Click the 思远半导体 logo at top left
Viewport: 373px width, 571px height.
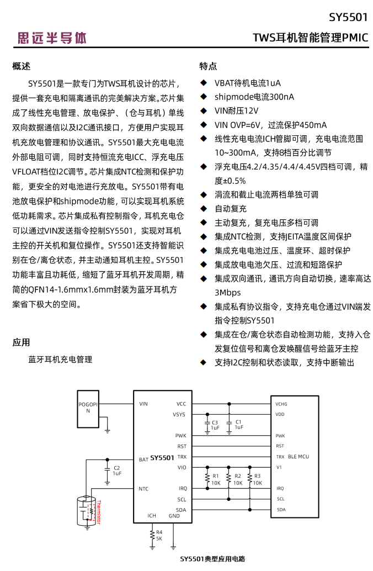click(x=51, y=38)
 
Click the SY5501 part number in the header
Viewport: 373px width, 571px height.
click(x=348, y=17)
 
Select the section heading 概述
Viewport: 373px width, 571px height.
click(x=22, y=66)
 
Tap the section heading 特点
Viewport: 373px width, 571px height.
click(x=208, y=66)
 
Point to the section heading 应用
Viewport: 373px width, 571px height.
click(x=22, y=342)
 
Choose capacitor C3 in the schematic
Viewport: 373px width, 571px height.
click(x=207, y=424)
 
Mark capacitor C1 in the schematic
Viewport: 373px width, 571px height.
click(x=230, y=424)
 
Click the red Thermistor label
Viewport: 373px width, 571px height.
click(x=99, y=513)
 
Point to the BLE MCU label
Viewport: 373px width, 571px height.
click(x=299, y=457)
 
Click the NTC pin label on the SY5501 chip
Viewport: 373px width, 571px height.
click(x=143, y=488)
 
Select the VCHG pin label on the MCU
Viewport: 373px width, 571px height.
click(x=281, y=404)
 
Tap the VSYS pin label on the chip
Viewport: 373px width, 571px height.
click(x=179, y=414)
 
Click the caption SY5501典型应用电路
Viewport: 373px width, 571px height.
click(x=212, y=559)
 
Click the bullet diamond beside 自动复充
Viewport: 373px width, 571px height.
click(x=204, y=209)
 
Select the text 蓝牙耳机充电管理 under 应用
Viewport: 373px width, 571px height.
click(x=60, y=359)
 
